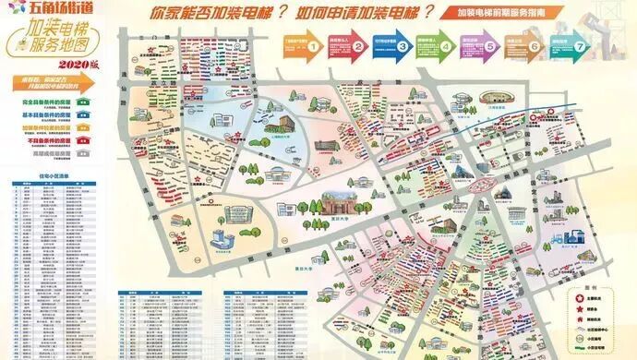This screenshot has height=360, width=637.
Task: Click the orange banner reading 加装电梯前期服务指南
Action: tap(506, 16)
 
